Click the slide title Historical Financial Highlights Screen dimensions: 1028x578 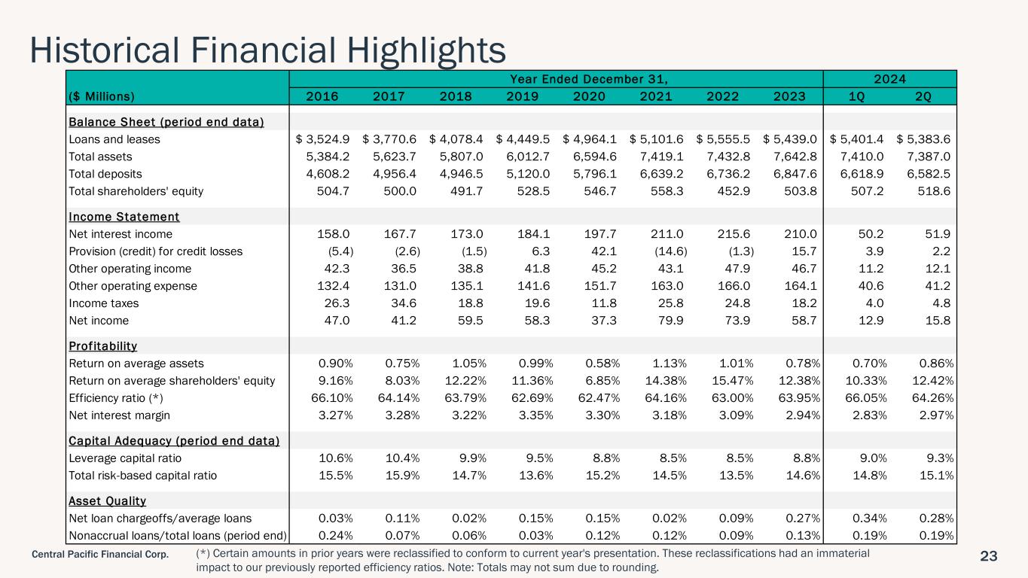click(x=267, y=50)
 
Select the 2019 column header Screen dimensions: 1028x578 click(x=522, y=96)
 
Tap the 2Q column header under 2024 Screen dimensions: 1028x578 click(x=923, y=96)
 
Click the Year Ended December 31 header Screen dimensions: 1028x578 click(x=589, y=79)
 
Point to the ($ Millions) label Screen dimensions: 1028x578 click(x=102, y=96)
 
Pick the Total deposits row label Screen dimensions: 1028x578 click(x=105, y=174)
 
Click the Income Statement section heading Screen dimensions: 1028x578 click(x=124, y=217)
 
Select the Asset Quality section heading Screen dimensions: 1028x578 click(x=108, y=500)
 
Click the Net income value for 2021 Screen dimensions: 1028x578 click(x=670, y=320)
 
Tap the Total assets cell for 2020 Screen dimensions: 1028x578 click(x=595, y=157)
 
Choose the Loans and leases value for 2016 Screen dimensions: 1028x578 click(x=322, y=139)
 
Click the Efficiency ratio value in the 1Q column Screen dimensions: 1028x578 click(x=866, y=397)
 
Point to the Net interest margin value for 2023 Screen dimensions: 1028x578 click(x=803, y=415)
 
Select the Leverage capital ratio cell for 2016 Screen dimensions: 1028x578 click(x=336, y=458)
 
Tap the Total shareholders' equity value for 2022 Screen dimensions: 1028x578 click(x=734, y=191)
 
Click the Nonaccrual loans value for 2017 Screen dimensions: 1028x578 click(x=402, y=535)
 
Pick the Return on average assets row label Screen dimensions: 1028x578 click(x=136, y=364)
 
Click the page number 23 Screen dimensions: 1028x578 click(x=989, y=556)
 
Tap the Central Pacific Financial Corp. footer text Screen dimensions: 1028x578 click(x=100, y=554)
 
